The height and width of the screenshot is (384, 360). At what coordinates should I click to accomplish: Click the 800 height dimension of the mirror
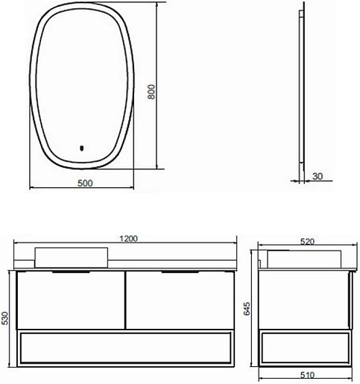[151, 92]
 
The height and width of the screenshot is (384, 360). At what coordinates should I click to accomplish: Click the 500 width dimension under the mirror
[85, 183]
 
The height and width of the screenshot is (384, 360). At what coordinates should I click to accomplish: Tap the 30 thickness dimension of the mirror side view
[318, 177]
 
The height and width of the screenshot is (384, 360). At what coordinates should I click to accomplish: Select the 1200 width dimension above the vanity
[128, 239]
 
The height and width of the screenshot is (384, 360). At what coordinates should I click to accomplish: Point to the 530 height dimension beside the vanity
[5, 318]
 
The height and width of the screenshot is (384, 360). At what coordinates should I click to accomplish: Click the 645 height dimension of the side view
[247, 309]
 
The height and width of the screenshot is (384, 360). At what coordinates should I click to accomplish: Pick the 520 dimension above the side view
[307, 242]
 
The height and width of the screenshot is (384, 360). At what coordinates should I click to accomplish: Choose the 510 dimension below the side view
[307, 375]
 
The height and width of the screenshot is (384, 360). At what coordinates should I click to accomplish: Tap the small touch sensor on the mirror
[82, 148]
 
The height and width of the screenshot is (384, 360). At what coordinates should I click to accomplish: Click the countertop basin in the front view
[72, 257]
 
